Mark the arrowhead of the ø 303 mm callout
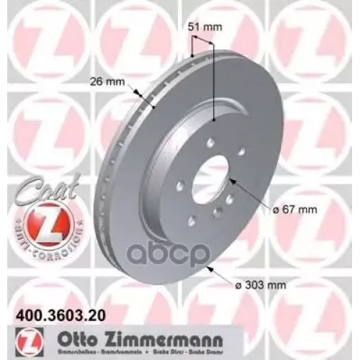click(209, 267)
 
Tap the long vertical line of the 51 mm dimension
click(215, 79)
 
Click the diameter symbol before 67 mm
click(256, 210)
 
